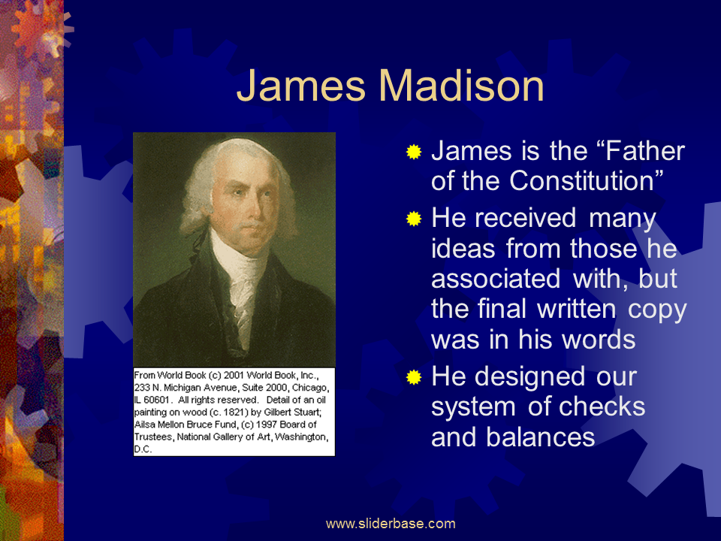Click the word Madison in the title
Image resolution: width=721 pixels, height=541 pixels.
461,86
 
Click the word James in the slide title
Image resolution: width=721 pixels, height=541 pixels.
300,86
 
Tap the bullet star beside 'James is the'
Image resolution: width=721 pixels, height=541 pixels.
414,152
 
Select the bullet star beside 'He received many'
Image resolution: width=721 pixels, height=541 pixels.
414,219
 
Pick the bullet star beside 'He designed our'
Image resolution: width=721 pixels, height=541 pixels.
414,377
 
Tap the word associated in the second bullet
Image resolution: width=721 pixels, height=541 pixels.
496,279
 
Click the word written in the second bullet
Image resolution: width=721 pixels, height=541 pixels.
577,309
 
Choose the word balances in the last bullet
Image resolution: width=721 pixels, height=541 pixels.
541,437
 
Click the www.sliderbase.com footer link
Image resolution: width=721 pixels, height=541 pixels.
391,524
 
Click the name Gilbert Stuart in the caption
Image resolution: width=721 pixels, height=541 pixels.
292,413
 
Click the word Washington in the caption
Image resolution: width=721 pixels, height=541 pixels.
302,437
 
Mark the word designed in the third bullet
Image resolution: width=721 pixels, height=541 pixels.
529,377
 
